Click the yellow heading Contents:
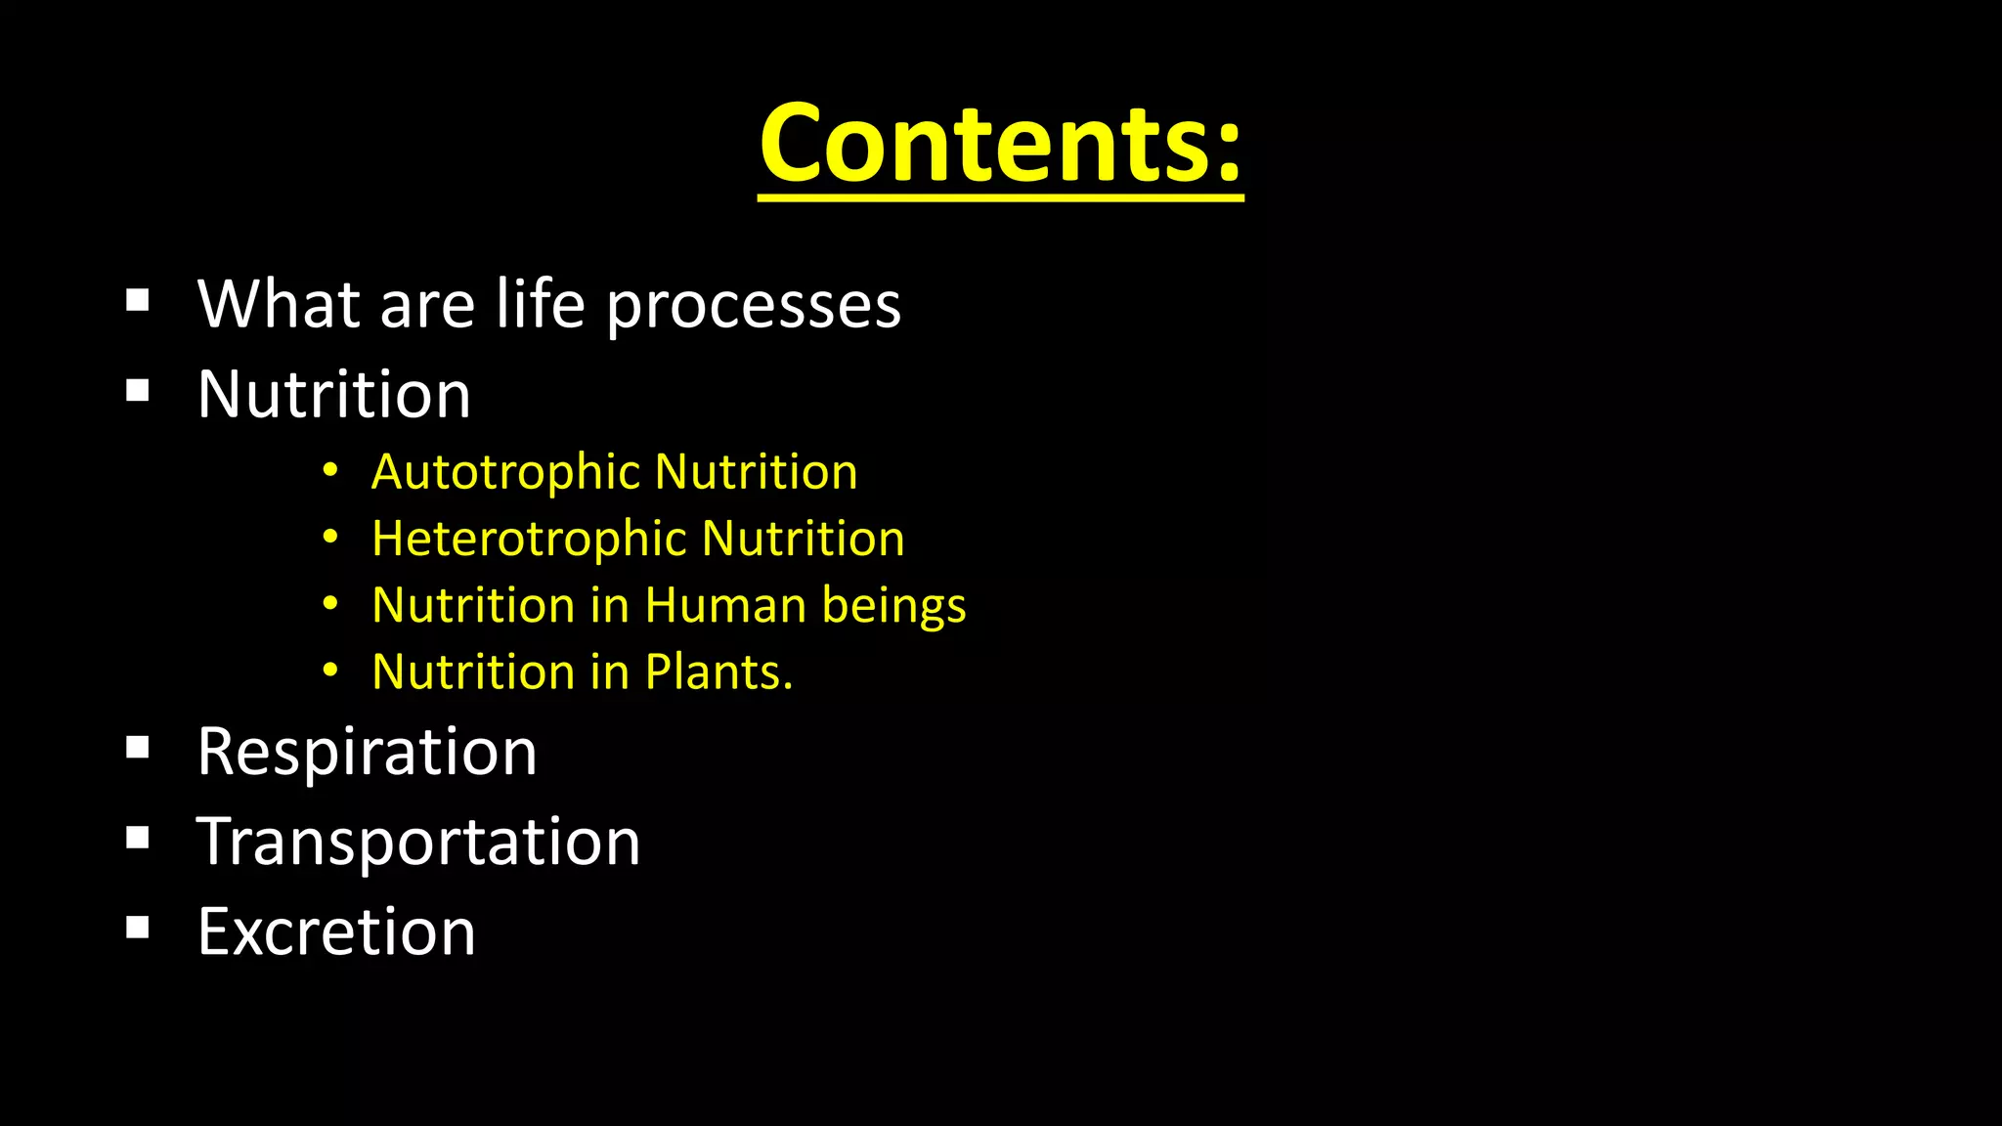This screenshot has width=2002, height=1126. pyautogui.click(x=999, y=145)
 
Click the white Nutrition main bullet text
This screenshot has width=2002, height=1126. pyautogui.click(x=333, y=395)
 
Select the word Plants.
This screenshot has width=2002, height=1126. pyautogui.click(x=718, y=672)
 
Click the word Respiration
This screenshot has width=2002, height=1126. pyautogui.click(x=367, y=753)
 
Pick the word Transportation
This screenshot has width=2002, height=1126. pyautogui.click(x=418, y=843)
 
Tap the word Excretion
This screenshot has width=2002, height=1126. pyautogui.click(x=336, y=931)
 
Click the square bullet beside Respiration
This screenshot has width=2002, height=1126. pyautogui.click(x=138, y=749)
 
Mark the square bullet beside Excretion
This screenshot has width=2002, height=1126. pyautogui.click(x=138, y=928)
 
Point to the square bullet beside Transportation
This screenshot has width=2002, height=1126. pyautogui.click(x=138, y=838)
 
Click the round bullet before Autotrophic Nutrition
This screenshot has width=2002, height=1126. pyautogui.click(x=330, y=471)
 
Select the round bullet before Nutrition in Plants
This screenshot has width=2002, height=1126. pyautogui.click(x=330, y=671)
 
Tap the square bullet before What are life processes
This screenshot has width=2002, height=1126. pyautogui.click(x=138, y=300)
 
